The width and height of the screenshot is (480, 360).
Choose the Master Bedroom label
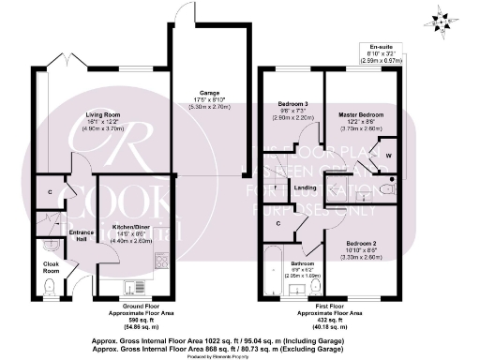[x=359, y=114]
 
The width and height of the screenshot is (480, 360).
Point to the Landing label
[x=306, y=187]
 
